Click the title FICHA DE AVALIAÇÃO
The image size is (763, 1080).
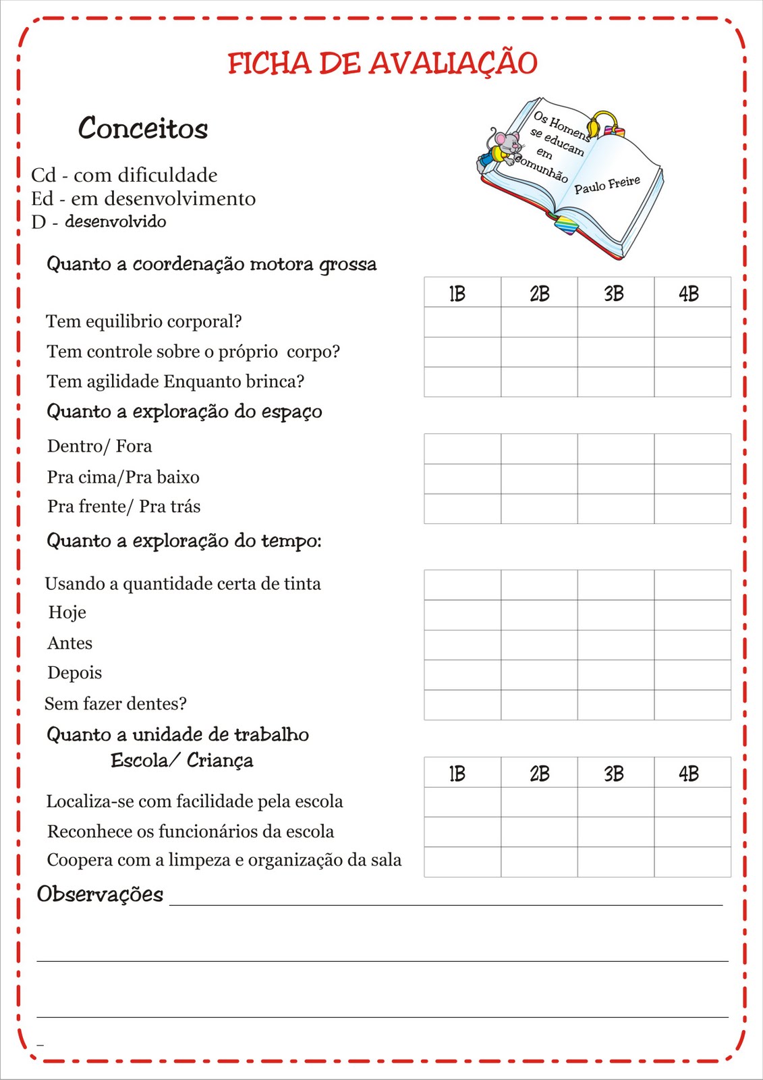pyautogui.click(x=382, y=63)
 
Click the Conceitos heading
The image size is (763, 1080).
pyautogui.click(x=142, y=128)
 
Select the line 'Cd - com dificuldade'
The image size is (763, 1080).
pyautogui.click(x=124, y=175)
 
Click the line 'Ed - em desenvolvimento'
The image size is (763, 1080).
pyautogui.click(x=143, y=199)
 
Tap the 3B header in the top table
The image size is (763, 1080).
pyautogui.click(x=615, y=293)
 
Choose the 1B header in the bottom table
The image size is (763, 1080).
pyautogui.click(x=462, y=773)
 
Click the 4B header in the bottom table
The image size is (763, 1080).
pyautogui.click(x=691, y=773)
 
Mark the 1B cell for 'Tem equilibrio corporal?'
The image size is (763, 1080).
pyautogui.click(x=462, y=322)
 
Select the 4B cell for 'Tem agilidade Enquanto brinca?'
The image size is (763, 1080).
pyautogui.click(x=692, y=381)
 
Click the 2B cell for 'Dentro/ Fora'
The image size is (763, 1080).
pyautogui.click(x=539, y=448)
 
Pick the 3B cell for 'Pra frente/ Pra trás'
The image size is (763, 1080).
pyautogui.click(x=615, y=508)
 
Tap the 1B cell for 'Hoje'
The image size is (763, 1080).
pyautogui.click(x=462, y=614)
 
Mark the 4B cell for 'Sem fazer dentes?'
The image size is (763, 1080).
pyautogui.click(x=692, y=704)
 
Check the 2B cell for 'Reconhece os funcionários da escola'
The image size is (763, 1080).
pyautogui.click(x=539, y=832)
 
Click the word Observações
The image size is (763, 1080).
pyautogui.click(x=100, y=894)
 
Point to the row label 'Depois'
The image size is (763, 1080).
pyautogui.click(x=74, y=673)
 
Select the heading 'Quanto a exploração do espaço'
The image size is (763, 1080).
pyautogui.click(x=184, y=412)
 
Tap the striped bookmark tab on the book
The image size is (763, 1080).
pyautogui.click(x=567, y=225)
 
